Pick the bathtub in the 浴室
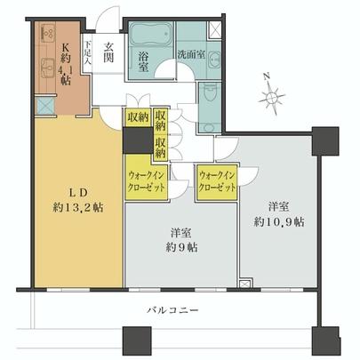click(149, 37)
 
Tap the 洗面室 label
click(193, 53)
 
